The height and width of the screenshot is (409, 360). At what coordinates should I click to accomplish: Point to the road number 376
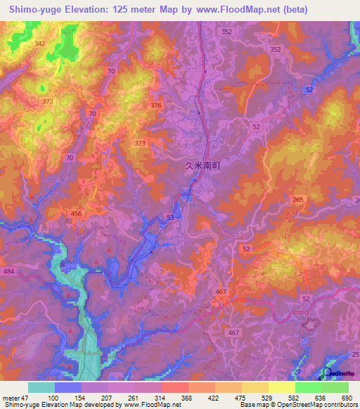(x=155, y=105)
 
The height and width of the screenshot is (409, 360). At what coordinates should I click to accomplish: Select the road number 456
(x=77, y=213)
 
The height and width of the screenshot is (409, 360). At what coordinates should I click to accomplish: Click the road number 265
(x=297, y=200)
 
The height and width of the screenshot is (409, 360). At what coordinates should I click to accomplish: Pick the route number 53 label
(x=170, y=218)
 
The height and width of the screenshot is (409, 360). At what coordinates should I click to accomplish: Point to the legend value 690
(x=347, y=398)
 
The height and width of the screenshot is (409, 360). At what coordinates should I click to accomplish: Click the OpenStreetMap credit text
(x=331, y=405)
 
